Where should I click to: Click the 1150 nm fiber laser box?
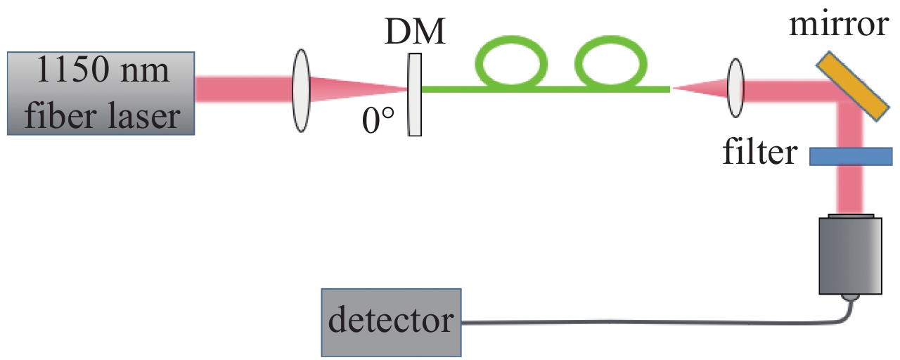pos(100,92)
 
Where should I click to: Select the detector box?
pos(391,321)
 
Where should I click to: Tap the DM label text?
pos(414,32)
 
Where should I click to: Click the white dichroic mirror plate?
pos(415,95)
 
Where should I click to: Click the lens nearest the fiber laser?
pos(301,89)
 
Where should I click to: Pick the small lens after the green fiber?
pos(735,88)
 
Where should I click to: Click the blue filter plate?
pos(850,156)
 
